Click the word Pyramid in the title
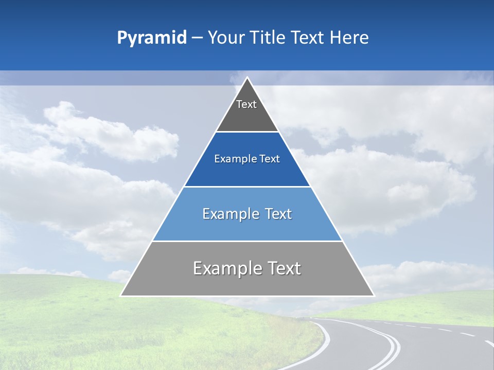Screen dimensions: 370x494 152,38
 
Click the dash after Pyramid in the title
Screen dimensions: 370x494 197,38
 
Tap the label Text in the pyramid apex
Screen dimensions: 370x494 246,104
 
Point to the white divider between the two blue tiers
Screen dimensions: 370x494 247,187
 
